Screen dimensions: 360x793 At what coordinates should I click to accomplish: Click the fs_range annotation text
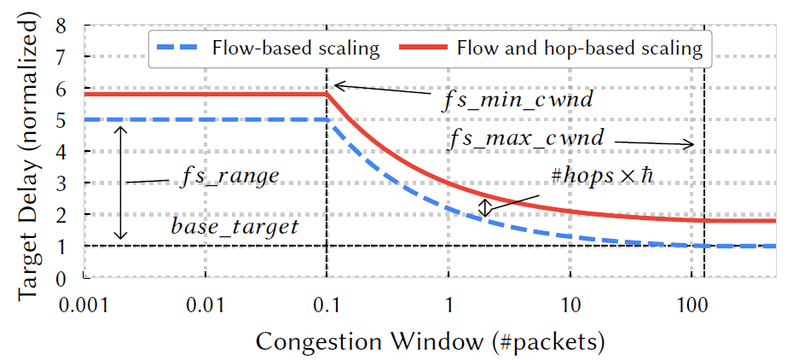tap(230, 177)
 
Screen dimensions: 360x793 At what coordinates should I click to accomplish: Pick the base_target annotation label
tap(234, 226)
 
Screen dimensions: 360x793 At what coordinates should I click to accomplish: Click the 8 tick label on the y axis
tap(61, 26)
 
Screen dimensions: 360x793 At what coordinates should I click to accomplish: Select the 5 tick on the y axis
tap(61, 120)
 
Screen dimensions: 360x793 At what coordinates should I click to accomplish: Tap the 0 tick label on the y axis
tap(61, 278)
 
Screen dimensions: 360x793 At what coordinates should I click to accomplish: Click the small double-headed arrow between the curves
tap(484, 208)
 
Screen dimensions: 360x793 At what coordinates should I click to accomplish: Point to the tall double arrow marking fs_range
tap(121, 183)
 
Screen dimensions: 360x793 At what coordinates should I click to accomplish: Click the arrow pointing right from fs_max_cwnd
tap(657, 143)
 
